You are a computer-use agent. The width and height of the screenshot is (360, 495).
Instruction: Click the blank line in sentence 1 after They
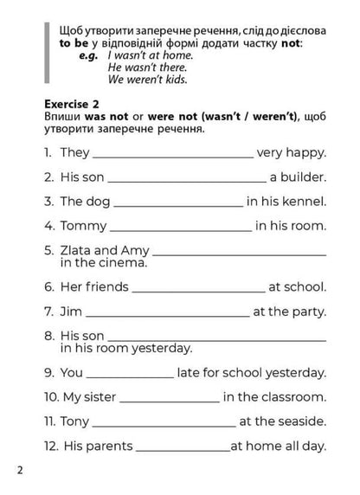tap(172, 155)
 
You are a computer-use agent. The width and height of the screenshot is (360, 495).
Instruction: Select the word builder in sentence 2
tap(303, 178)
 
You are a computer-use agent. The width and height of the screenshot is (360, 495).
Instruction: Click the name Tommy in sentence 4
tap(83, 226)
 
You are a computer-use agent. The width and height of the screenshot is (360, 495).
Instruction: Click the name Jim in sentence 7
tap(71, 312)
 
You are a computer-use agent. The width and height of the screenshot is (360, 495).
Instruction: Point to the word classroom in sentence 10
tap(294, 398)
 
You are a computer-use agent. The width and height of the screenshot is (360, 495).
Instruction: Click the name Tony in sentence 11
tap(74, 422)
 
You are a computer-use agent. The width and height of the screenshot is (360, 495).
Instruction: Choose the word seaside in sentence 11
tap(302, 422)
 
